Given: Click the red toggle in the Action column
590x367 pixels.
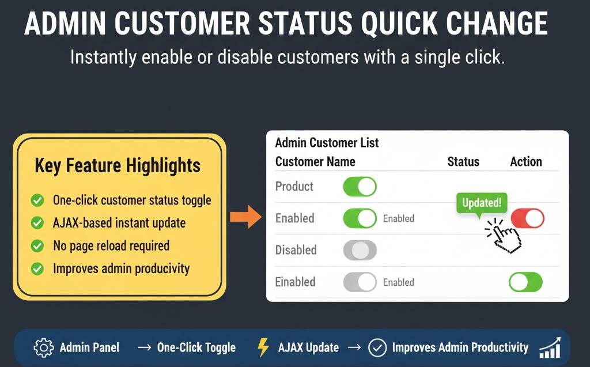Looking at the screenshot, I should pos(527,218).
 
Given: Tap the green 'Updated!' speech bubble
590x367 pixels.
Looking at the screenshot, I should pos(482,203).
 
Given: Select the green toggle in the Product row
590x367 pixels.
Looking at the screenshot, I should pos(360,187).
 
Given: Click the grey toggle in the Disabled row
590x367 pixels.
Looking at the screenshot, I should pos(360,250).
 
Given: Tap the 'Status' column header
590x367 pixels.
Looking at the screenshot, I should pos(463,161).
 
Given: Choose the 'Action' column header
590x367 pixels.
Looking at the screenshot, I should pos(525,161).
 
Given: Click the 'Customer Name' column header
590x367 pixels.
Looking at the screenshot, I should pos(315,161).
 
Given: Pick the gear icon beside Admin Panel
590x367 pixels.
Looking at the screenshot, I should pos(43,347).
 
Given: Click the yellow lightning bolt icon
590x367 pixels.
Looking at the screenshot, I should pos(263,347).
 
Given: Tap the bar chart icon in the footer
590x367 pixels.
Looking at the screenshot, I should pos(550,347).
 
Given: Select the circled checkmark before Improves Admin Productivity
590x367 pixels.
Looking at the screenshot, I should pos(377,347).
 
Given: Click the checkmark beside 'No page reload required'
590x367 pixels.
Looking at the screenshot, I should pos(37,246).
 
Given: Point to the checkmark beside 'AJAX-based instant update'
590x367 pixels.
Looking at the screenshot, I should pos(37,223).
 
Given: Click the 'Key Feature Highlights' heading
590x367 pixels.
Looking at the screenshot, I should pos(118,166).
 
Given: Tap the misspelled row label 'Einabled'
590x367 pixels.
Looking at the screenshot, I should pos(295,282).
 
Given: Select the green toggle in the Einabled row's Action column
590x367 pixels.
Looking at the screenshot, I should pos(525,282).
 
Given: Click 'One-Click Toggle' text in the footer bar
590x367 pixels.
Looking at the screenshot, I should pos(196,347).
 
